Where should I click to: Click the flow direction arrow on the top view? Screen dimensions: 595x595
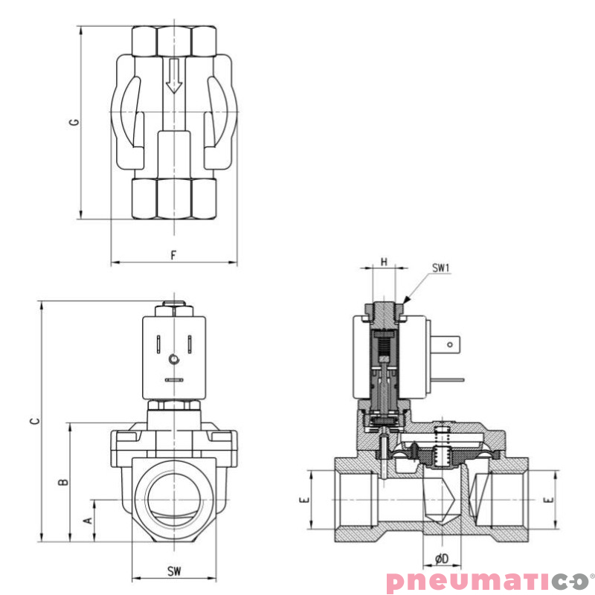tap(173, 77)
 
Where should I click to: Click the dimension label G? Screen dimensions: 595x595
tap(74, 122)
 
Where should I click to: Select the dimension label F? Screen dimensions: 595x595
tap(173, 255)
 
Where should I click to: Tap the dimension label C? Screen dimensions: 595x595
tap(34, 421)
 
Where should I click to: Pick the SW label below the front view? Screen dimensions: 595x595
tap(173, 571)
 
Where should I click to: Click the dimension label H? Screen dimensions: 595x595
tap(384, 261)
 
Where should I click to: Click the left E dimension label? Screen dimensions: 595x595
tap(303, 501)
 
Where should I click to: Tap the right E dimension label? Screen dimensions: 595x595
tap(550, 501)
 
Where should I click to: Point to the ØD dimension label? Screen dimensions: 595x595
tap(441, 558)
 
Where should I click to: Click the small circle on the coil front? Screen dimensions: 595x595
tap(174, 360)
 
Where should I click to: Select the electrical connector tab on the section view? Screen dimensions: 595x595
tap(451, 346)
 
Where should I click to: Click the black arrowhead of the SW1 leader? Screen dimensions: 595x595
tap(405, 300)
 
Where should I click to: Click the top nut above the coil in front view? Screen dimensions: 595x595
tap(173, 306)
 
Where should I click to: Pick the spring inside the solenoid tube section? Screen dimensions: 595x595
tap(384, 344)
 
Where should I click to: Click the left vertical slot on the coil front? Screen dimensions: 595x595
tap(158, 344)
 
